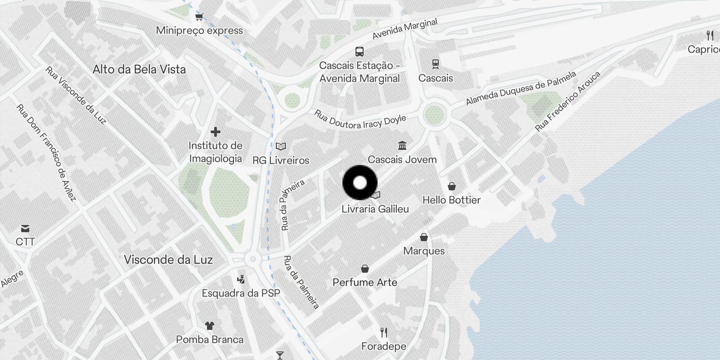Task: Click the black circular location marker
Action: point(360,183)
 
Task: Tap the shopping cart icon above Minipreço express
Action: point(199,17)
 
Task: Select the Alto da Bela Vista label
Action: point(139,69)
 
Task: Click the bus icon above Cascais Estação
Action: point(359,51)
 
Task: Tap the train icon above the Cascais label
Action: point(435,64)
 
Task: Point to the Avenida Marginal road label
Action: point(405,29)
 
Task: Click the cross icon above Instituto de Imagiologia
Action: point(216,132)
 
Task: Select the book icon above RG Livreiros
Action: point(281,146)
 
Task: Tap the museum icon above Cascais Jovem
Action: point(402,145)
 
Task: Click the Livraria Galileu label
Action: point(375,209)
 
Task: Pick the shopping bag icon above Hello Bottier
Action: point(452,186)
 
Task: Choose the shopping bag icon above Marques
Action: point(424,237)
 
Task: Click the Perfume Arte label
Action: point(365,282)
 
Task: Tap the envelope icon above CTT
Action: point(25,229)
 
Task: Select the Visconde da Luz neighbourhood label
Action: point(168,260)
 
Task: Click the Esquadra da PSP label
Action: point(241,293)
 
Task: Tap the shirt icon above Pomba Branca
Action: point(210,325)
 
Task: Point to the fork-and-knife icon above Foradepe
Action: point(384,333)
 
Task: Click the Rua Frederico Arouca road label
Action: point(567,101)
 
